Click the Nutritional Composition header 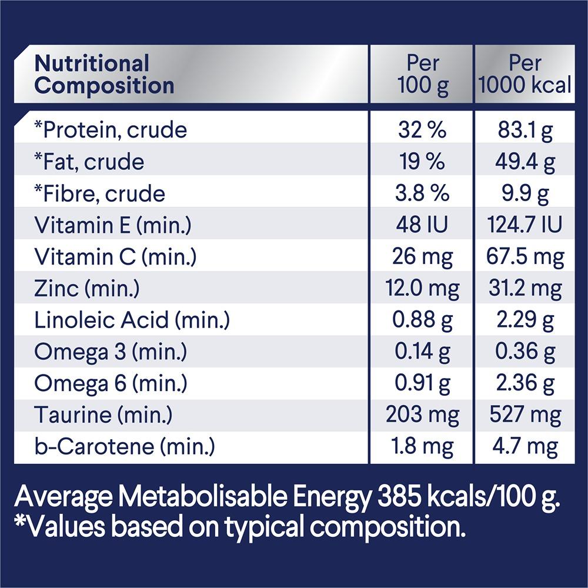tap(104, 74)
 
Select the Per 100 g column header tap(422, 74)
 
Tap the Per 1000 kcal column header tap(524, 74)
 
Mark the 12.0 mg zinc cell tap(422, 289)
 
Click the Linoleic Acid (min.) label tap(132, 320)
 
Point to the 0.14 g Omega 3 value tap(422, 352)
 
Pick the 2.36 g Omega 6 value tap(524, 384)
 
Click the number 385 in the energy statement tap(398, 498)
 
